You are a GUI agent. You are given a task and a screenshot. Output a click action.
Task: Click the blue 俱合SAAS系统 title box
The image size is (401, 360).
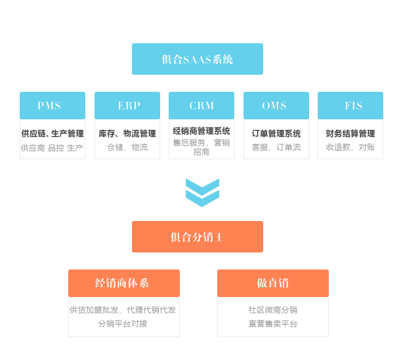197,59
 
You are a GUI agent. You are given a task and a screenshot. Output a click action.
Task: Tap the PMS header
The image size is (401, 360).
52,106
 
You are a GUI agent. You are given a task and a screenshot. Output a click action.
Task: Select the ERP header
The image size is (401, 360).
127,106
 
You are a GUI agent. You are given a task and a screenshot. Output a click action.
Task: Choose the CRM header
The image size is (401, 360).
201,106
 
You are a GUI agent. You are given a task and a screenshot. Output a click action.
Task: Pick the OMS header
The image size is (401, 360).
276,106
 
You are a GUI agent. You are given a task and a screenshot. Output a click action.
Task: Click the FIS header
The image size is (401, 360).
350,106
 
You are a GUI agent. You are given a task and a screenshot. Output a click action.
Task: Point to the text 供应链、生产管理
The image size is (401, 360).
53,134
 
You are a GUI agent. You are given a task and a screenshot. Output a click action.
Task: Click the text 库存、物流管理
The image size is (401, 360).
127,134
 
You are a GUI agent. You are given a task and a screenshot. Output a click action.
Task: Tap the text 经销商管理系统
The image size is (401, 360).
201,131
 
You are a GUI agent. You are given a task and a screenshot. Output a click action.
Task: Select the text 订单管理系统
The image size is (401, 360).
276,134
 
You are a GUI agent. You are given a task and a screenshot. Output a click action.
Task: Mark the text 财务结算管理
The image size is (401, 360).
350,134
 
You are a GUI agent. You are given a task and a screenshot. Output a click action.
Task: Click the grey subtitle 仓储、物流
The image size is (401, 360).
127,148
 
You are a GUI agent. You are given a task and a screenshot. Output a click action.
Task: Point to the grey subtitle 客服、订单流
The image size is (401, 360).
276,148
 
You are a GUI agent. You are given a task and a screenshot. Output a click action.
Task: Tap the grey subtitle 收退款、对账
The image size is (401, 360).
350,148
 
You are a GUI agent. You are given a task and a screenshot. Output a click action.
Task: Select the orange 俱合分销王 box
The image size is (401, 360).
197,237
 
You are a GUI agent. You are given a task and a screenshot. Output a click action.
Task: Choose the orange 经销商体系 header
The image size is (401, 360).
123,283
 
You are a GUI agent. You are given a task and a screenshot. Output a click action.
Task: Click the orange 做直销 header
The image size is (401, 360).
272,283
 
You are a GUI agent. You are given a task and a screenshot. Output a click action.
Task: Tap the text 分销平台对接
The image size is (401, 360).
123,323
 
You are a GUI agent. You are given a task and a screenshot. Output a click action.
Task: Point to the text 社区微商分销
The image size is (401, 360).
272,310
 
